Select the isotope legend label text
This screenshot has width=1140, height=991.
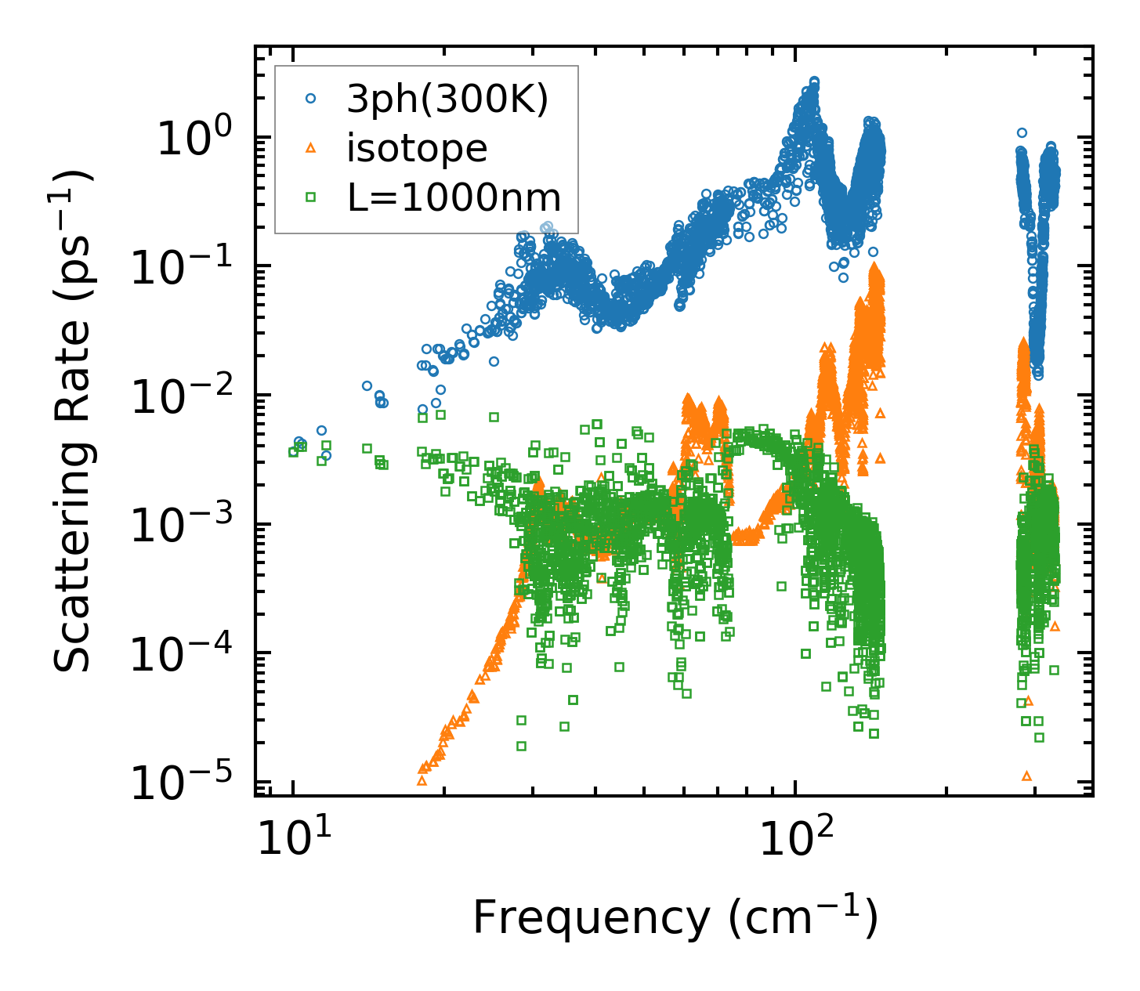[x=417, y=148]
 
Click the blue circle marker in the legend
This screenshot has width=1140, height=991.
[x=311, y=99]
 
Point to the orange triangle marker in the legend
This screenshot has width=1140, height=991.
[x=311, y=147]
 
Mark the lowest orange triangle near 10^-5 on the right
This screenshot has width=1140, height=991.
[x=1026, y=776]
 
